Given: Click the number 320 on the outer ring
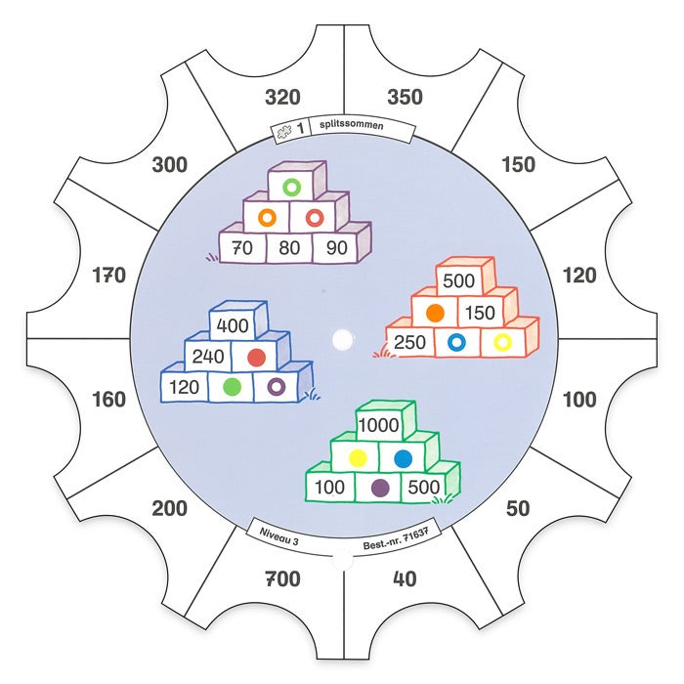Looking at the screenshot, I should coord(282,97).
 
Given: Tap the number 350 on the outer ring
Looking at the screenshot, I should coord(404,97).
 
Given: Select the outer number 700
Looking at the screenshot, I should coord(282,579).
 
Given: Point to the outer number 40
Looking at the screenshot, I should coord(404,579).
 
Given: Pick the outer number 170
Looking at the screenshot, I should coord(107,276).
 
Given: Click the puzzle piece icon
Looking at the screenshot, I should coord(284,131).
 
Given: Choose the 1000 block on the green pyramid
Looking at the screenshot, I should coord(378,425).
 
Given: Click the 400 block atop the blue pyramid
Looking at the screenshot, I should coord(234,325).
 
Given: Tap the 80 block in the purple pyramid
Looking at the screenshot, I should coord(290,248).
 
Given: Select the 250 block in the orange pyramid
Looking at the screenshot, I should coord(409,342).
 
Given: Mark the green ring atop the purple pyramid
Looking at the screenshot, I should coord(290,185).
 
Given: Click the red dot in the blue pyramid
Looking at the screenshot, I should coord(257,357).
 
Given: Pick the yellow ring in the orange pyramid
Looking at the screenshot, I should coord(502,342).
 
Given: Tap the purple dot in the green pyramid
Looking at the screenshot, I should coord(380,486).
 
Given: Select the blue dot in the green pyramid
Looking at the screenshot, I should coord(403,456).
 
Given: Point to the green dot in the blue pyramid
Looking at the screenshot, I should coord(232,387).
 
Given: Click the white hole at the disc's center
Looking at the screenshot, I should coord(342,339).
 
